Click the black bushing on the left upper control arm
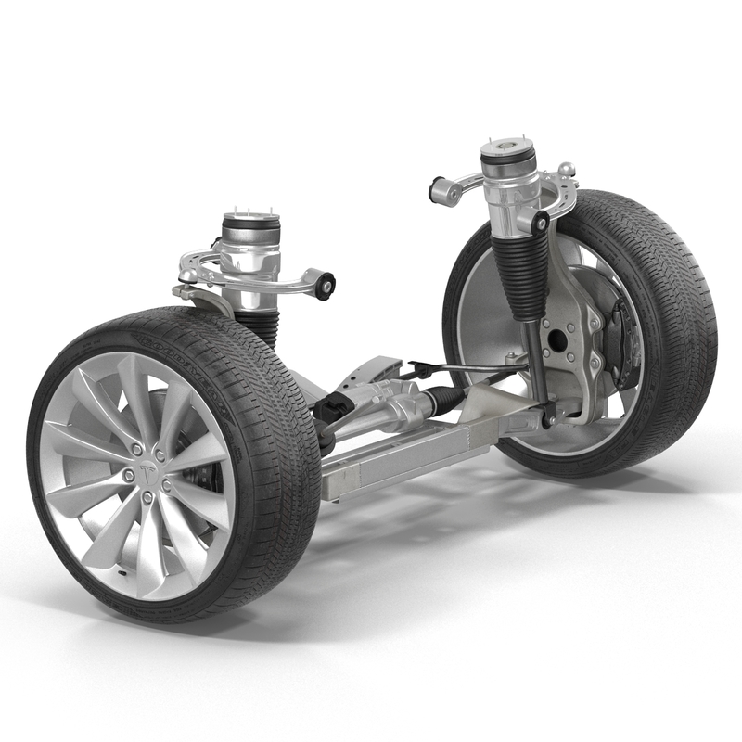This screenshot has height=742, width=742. pos(325,283)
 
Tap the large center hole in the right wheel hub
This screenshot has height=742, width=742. pos(556,339)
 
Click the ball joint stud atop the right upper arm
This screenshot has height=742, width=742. pos(566,170)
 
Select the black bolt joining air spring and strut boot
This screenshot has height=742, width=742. pos(539,223)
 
